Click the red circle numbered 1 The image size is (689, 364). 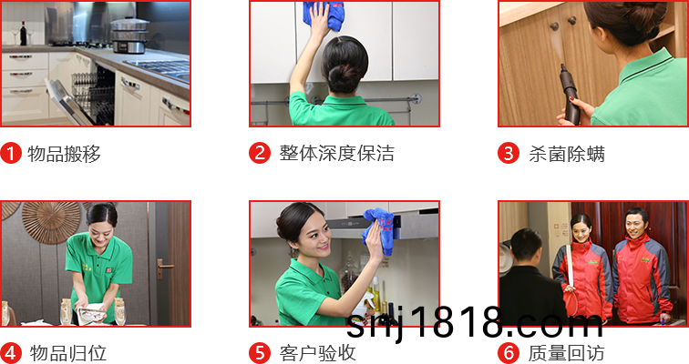pos(11,153)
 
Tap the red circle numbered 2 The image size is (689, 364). pos(260,153)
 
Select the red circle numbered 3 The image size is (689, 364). pos(509,153)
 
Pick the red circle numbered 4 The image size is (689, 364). pos(11,352)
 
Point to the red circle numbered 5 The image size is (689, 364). pos(260,352)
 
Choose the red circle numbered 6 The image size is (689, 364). pos(509,352)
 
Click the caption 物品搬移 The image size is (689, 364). pos(64,154)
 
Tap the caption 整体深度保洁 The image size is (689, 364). pos(336,154)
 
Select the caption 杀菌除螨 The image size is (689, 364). pos(567,154)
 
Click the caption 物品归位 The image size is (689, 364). pos(68,353)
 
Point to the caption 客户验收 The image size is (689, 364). pos(318,353)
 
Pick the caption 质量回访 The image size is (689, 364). pos(566,353)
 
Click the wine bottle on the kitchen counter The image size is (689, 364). pos(24,34)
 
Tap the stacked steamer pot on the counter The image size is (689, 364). pos(129,35)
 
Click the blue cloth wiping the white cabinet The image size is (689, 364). pos(324,15)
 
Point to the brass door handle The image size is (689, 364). pos(164,268)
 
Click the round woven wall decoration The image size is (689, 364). pos(51,222)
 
